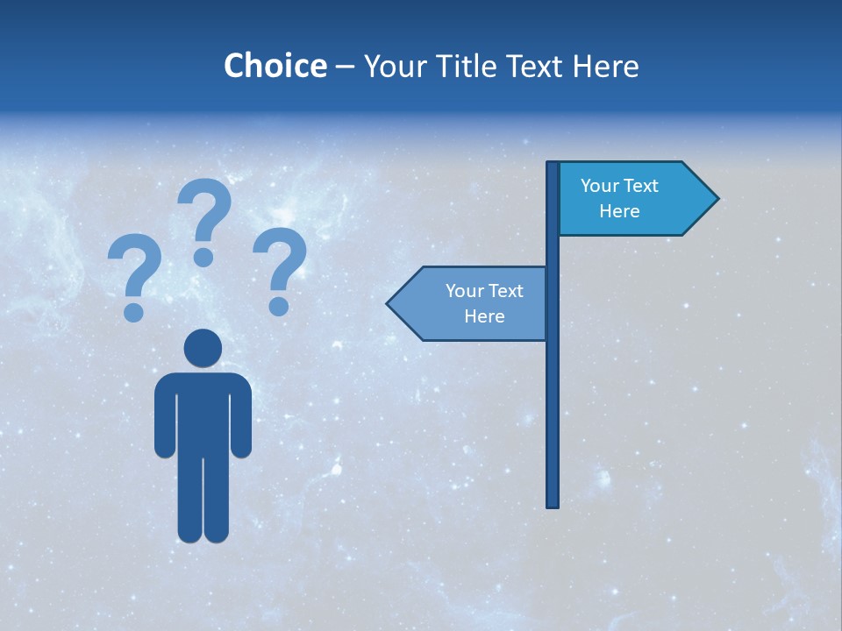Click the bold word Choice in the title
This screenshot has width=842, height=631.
click(275, 66)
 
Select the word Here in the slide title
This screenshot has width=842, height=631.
click(606, 66)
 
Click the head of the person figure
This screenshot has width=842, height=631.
click(203, 348)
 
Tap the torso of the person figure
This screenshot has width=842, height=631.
click(203, 412)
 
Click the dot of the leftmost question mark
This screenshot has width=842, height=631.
click(134, 311)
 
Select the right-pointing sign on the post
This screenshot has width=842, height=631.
click(631, 199)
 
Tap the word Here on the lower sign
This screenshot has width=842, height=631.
click(484, 316)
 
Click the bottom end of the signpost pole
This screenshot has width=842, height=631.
click(553, 503)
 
